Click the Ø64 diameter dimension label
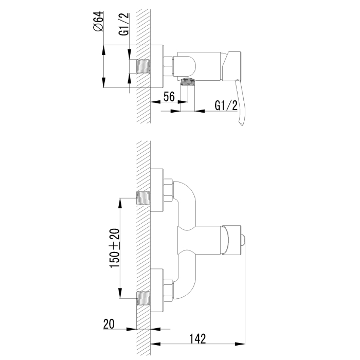point(99,21)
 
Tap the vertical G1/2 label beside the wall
point(124,24)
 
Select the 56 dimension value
point(169,97)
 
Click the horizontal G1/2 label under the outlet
point(226,105)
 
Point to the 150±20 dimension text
point(115,248)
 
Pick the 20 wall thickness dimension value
point(109,324)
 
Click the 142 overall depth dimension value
point(197,339)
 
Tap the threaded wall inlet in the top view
point(143,66)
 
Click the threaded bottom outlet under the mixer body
point(188,82)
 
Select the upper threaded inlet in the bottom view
point(143,199)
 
